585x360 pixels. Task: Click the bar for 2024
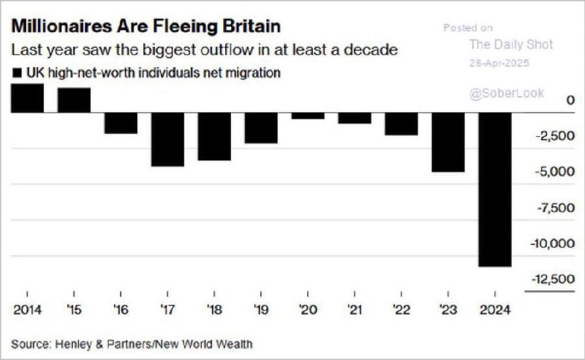pos(495,190)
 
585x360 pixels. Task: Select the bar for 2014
pos(27,98)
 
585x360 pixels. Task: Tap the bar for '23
pos(448,142)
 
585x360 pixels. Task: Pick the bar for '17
pos(167,139)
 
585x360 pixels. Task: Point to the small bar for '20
pos(308,116)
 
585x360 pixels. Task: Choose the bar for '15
pos(74,100)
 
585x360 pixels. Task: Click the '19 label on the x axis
pos(261,309)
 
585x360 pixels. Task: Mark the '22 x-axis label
pos(401,309)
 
